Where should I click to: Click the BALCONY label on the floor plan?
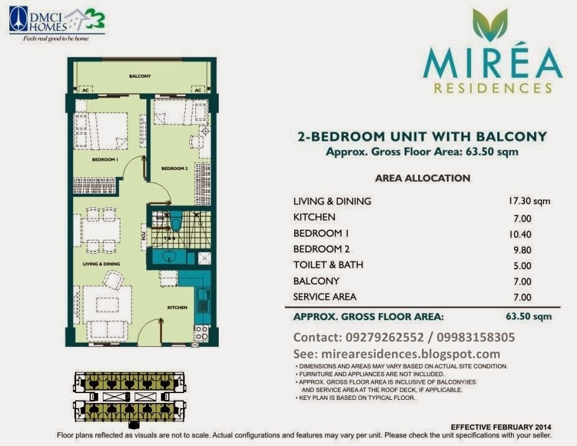pos(140,76)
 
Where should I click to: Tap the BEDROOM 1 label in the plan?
pos(107,160)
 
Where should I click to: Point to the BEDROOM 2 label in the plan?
pos(174,168)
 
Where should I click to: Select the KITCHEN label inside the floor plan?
pos(177,308)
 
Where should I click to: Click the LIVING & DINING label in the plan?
pos(102,264)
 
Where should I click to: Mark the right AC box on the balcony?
pos(198,90)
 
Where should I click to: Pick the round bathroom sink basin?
pos(166,257)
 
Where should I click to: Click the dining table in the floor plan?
pos(101,230)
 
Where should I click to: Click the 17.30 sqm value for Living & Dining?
pos(529,201)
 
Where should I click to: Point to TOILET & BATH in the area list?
pos(328,265)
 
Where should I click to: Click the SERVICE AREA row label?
pos(325,297)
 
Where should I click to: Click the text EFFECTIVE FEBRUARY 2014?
pos(500,427)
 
